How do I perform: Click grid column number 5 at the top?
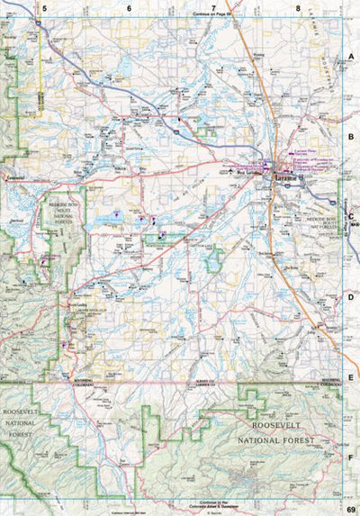(x=42, y=8)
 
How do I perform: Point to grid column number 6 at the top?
(x=128, y=8)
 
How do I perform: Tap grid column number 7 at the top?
(x=213, y=8)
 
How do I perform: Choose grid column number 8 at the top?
(x=298, y=8)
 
